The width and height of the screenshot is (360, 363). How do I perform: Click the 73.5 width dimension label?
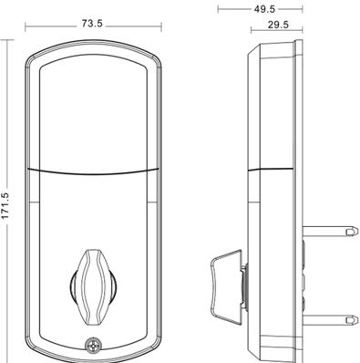pos(92,24)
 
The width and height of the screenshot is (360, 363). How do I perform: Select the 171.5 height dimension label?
pos(5,205)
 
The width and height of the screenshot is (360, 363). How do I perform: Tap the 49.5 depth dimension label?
pos(264,9)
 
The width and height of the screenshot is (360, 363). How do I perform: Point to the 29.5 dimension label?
pos(278,25)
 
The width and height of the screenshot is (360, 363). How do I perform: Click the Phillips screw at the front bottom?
pos(93,346)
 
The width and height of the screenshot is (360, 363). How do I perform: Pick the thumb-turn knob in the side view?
pos(226,285)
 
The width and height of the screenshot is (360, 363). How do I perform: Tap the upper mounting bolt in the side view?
pos(329,232)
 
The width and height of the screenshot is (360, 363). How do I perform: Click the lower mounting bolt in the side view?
pos(329,320)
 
